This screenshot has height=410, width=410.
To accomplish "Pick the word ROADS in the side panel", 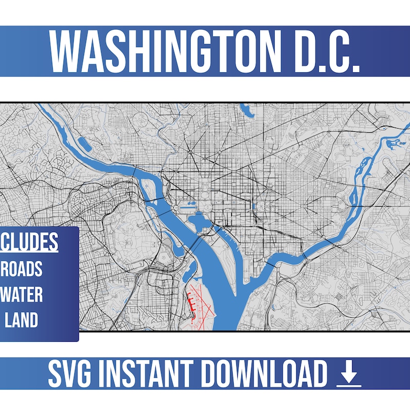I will point(24,269).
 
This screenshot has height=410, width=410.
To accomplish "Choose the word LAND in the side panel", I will point(22,320).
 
